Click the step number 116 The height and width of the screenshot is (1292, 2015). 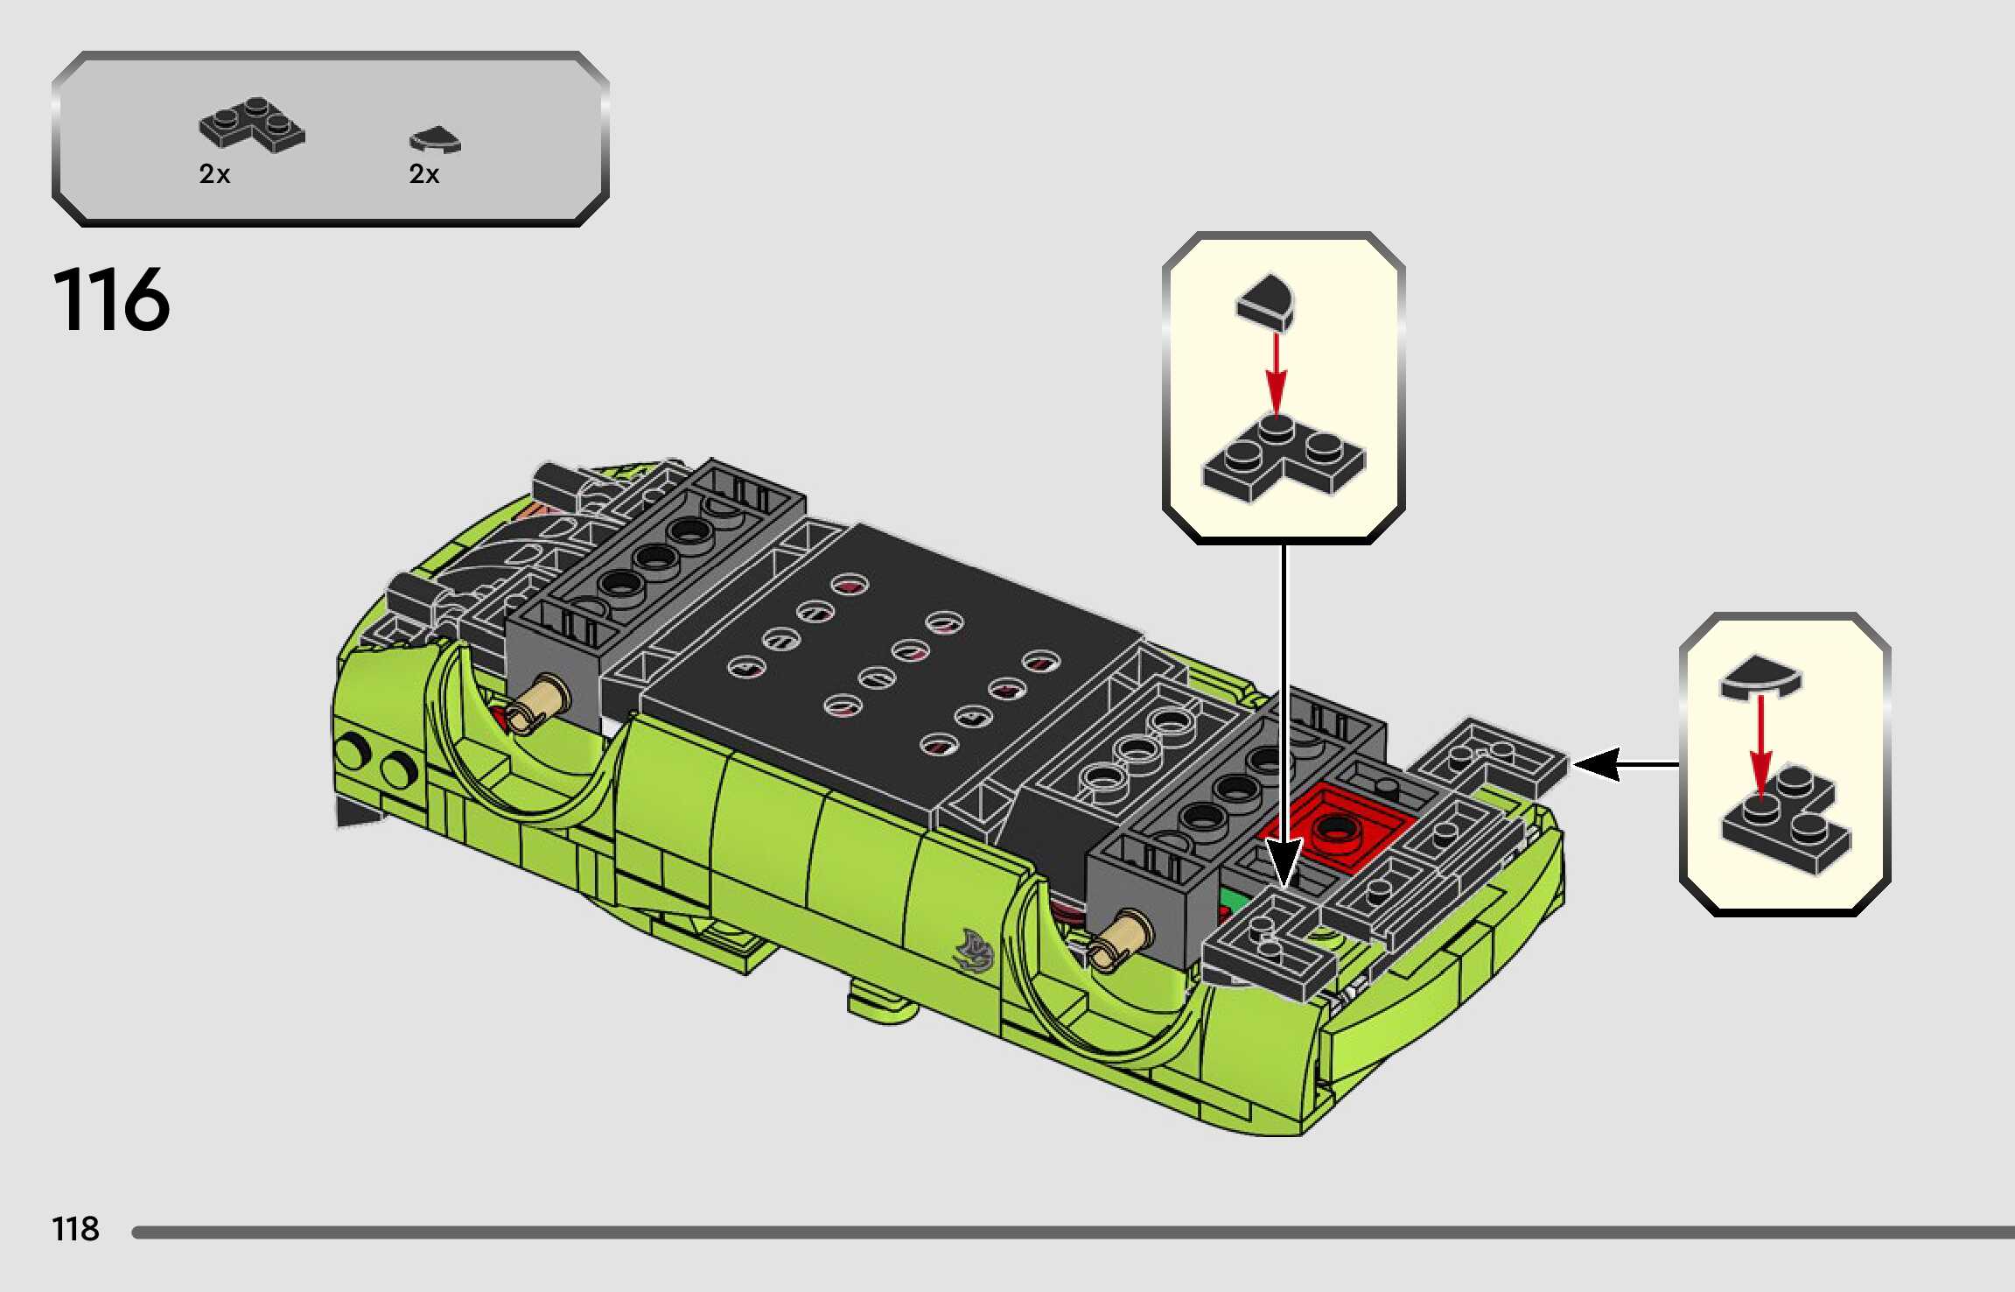(111, 299)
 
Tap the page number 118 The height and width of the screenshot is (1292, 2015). (76, 1229)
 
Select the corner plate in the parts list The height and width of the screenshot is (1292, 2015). (252, 124)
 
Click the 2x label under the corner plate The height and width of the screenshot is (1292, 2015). (214, 174)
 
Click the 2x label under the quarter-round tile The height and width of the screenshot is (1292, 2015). (424, 174)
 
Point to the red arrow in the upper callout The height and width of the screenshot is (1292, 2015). (1277, 374)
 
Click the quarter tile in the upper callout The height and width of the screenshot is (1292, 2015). (1266, 302)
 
